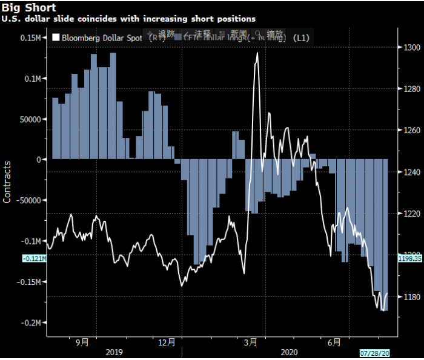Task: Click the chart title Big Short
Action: [x=30, y=8]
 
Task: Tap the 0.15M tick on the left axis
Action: [x=30, y=38]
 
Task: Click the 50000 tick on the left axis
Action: [x=30, y=119]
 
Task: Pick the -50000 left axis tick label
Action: [x=28, y=200]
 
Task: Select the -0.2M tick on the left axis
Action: [x=30, y=323]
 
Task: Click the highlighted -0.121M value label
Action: [x=34, y=258]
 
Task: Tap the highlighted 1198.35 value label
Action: [x=411, y=258]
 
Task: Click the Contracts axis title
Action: [x=7, y=182]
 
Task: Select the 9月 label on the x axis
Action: [x=82, y=342]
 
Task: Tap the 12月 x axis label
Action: [x=172, y=342]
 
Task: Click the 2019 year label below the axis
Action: [x=114, y=352]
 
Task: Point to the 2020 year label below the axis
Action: [x=290, y=352]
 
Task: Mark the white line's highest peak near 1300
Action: [x=258, y=53]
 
